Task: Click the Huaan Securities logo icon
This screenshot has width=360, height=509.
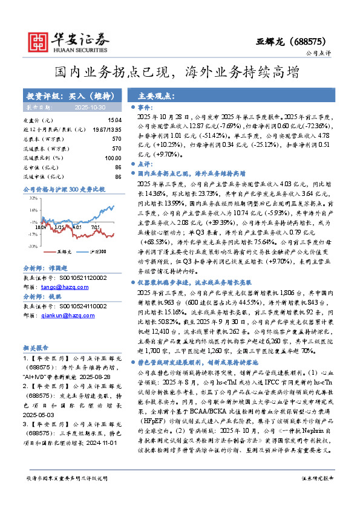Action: (40, 41)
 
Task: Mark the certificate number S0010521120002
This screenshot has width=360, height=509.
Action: (80, 279)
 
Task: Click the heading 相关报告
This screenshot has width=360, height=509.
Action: (36, 348)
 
